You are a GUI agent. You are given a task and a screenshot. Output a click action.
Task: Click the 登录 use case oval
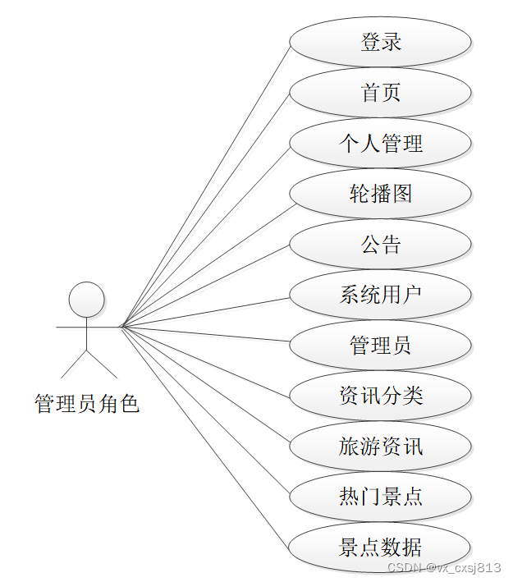pyautogui.click(x=380, y=42)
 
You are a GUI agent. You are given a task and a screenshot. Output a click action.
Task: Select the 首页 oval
pyautogui.click(x=380, y=92)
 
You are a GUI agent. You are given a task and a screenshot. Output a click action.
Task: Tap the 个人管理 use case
pyautogui.click(x=380, y=143)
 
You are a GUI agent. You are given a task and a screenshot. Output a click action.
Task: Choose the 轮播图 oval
pyautogui.click(x=380, y=194)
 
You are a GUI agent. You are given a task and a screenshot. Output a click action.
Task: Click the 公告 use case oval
pyautogui.click(x=380, y=244)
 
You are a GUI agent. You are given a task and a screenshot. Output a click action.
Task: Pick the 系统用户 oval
pyautogui.click(x=380, y=295)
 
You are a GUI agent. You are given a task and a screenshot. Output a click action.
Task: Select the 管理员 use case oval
pyautogui.click(x=380, y=345)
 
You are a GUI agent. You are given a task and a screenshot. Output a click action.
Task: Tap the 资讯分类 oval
pyautogui.click(x=380, y=396)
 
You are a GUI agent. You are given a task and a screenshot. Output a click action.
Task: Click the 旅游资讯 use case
pyautogui.click(x=380, y=447)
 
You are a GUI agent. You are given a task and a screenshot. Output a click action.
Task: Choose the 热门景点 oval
pyautogui.click(x=380, y=497)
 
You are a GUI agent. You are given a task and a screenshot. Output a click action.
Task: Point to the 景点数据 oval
pyautogui.click(x=380, y=548)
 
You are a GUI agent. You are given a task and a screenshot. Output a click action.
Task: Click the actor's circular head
pyautogui.click(x=86, y=300)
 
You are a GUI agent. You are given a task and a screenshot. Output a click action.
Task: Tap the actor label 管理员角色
pyautogui.click(x=87, y=404)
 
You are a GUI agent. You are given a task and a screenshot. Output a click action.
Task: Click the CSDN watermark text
pyautogui.click(x=443, y=567)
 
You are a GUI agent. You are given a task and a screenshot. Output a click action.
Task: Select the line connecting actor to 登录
pyautogui.click(x=205, y=185)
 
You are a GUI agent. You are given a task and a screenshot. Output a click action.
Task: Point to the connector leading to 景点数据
pyautogui.click(x=205, y=437)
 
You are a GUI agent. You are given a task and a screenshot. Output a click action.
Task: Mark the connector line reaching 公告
pyautogui.click(x=205, y=286)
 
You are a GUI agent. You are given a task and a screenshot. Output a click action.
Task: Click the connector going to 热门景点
pyautogui.click(x=205, y=411)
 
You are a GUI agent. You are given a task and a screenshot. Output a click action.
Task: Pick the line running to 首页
pyautogui.click(x=205, y=210)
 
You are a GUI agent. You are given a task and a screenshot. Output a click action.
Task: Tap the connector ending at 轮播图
pyautogui.click(x=205, y=260)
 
